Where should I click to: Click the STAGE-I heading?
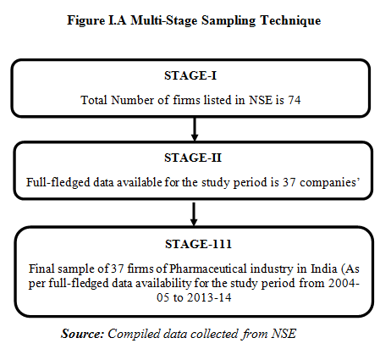click(190, 75)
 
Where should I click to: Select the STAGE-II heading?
click(193, 158)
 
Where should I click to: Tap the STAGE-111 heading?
click(198, 244)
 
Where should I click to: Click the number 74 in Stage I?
click(295, 100)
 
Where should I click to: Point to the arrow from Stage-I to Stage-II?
click(195, 129)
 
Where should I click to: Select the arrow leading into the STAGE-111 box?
click(194, 214)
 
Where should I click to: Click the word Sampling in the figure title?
click(229, 21)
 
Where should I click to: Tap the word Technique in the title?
click(290, 20)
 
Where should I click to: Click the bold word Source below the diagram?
click(82, 334)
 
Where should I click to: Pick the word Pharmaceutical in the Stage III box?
click(208, 269)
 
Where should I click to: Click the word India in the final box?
click(324, 269)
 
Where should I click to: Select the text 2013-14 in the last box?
click(209, 297)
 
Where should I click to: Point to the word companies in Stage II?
click(328, 182)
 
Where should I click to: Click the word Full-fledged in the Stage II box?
click(58, 182)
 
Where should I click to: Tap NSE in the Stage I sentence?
click(261, 100)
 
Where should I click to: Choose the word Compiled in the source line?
click(134, 334)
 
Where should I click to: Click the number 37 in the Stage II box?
click(289, 182)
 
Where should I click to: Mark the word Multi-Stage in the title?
click(164, 20)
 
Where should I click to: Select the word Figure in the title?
click(85, 21)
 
